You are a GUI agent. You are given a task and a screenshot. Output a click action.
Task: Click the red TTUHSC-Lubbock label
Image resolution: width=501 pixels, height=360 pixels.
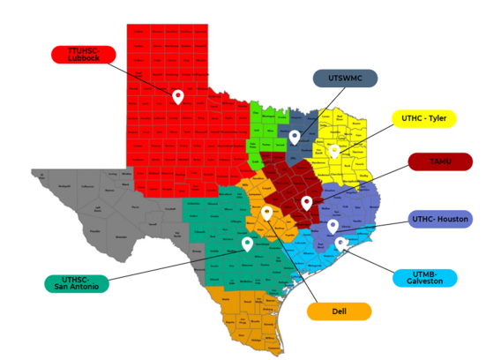[84, 55]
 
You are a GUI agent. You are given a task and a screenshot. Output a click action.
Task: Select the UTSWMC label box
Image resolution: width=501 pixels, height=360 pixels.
[345, 79]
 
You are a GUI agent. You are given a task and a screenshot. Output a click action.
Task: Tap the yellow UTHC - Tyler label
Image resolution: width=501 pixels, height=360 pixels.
[422, 118]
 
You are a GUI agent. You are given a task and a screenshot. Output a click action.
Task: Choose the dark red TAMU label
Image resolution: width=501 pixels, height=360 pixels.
[440, 161]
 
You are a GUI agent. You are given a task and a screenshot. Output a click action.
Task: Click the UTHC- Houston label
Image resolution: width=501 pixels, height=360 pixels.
[441, 219]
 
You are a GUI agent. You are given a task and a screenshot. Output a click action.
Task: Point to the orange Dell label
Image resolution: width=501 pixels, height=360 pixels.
[339, 311]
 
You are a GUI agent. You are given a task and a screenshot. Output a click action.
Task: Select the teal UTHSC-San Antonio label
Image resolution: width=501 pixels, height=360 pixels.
[76, 283]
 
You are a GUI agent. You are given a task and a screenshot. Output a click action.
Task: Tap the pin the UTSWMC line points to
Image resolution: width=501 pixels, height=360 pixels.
[295, 136]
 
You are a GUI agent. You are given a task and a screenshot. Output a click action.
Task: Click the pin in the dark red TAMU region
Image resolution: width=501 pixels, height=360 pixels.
[306, 202]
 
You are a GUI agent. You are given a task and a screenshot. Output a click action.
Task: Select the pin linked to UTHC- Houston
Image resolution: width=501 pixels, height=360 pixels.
[333, 226]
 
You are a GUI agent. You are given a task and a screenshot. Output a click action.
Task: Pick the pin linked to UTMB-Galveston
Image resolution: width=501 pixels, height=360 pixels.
[340, 243]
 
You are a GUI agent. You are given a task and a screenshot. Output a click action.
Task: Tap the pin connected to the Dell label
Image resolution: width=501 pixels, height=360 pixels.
[266, 213]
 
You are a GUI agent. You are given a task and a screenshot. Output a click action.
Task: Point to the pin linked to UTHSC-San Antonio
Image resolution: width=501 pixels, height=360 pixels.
[247, 243]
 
